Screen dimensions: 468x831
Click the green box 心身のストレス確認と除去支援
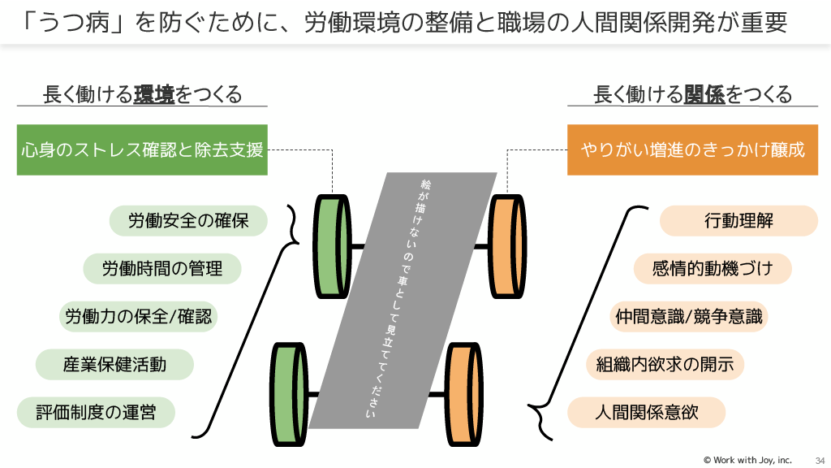(x=142, y=149)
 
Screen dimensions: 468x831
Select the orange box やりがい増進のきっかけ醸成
(x=692, y=149)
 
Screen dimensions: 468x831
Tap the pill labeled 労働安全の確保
(x=188, y=220)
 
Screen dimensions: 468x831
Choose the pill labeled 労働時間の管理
(x=162, y=268)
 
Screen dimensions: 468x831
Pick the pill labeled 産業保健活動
(x=114, y=364)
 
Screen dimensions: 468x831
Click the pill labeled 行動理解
(x=738, y=220)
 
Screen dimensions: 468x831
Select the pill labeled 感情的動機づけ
(x=713, y=268)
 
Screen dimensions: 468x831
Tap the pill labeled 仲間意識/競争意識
(x=687, y=316)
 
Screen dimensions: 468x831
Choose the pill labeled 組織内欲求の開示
(x=665, y=364)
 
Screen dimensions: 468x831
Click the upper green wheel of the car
(x=332, y=244)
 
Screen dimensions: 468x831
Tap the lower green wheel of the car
(x=287, y=393)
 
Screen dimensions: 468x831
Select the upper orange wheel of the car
(x=507, y=244)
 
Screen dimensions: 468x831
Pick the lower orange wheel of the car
(x=463, y=393)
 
